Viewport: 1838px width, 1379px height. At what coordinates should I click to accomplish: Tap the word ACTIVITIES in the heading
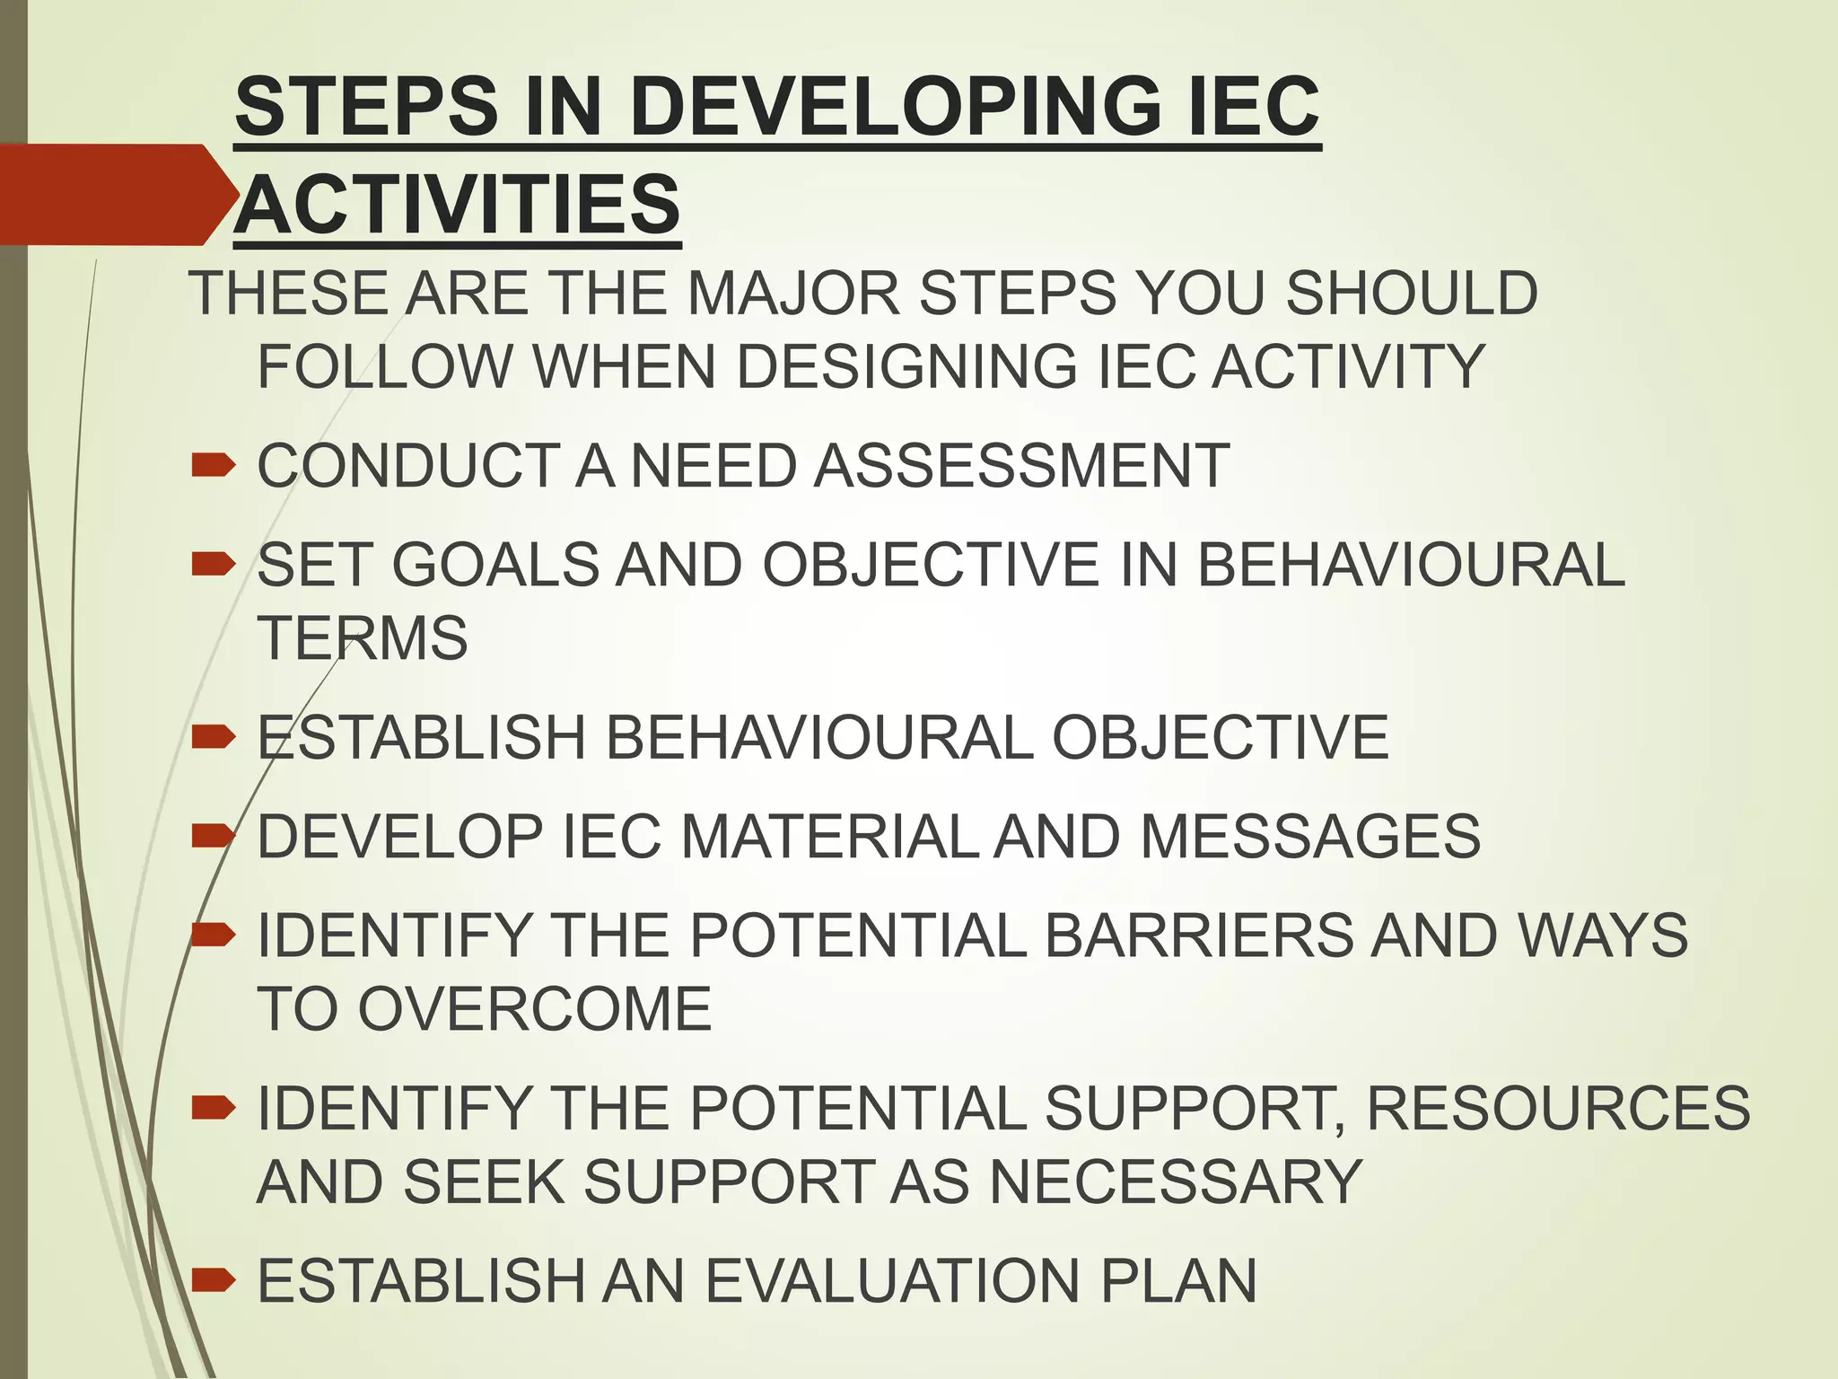[x=458, y=205]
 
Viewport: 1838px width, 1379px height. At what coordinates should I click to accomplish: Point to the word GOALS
[x=496, y=566]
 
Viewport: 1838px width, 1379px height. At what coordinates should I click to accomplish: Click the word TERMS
[x=363, y=638]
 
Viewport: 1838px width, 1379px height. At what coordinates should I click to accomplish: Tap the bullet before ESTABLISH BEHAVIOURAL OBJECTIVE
[x=214, y=737]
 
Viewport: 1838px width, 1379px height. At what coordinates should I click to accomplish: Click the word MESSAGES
[x=1310, y=837]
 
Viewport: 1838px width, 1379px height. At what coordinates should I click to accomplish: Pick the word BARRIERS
[x=1199, y=935]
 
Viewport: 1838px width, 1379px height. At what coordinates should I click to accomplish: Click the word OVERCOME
[x=535, y=1009]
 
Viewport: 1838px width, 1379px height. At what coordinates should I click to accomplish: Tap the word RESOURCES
[x=1558, y=1108]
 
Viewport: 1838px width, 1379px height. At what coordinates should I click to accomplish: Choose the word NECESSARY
[x=1176, y=1181]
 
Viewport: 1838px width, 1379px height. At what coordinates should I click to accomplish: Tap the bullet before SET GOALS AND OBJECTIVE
[x=214, y=565]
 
